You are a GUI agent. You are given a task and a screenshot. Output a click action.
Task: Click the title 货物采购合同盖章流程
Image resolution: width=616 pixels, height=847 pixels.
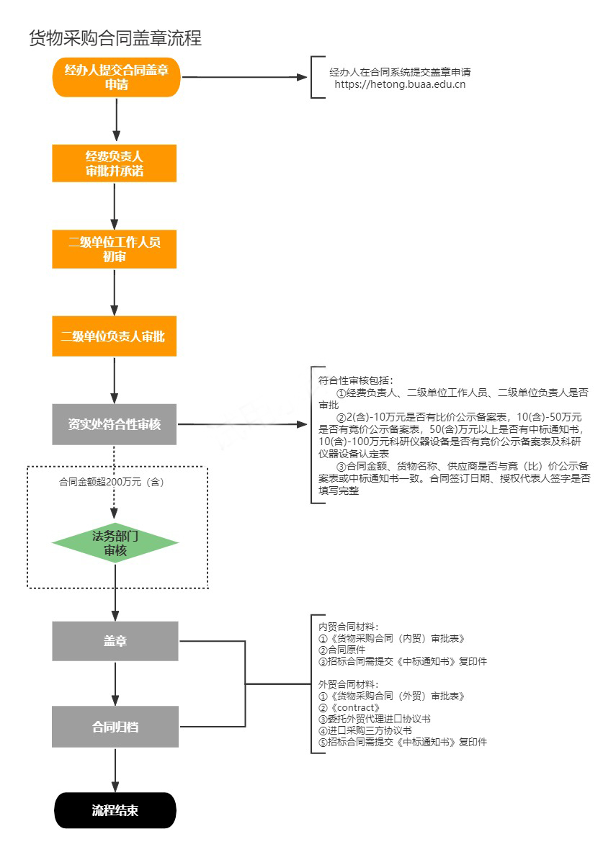115,38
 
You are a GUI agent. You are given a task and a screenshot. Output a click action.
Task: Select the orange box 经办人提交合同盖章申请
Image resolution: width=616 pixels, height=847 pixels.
115,77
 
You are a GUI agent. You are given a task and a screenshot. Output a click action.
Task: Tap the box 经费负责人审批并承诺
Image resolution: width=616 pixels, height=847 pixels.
115,163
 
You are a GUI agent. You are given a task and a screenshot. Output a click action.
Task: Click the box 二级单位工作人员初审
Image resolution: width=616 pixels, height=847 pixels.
115,249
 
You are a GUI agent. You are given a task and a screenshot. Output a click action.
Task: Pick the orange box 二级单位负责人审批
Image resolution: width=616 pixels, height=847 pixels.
115,336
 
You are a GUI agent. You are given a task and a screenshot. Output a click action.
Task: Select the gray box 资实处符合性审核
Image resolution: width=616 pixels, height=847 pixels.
115,424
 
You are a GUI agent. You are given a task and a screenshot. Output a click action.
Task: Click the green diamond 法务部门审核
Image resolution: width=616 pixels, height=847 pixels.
115,543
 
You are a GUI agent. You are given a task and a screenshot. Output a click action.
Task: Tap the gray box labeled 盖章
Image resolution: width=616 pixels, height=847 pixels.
115,641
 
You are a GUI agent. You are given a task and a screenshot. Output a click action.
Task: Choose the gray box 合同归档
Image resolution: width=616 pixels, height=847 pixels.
115,727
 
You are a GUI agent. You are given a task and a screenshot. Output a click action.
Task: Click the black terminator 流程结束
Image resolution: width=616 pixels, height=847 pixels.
115,810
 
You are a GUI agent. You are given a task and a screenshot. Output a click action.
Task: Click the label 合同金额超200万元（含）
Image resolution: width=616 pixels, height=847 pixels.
112,483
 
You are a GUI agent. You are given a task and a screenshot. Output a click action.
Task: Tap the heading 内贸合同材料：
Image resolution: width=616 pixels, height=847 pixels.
349,626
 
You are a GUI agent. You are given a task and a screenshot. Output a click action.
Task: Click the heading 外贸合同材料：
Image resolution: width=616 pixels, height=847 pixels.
349,684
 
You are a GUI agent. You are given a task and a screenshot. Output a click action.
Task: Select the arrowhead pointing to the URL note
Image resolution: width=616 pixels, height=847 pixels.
303,77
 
